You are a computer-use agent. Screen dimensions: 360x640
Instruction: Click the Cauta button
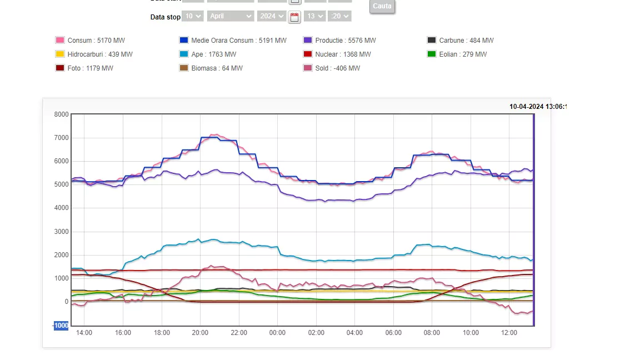382,6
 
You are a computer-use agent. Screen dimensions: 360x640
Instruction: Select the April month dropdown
230,16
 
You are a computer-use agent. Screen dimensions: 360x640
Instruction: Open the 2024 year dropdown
272,16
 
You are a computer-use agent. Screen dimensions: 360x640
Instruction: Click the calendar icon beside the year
294,17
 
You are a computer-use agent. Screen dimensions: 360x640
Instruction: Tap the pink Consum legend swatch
60,40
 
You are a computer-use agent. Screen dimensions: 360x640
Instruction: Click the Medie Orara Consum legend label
239,41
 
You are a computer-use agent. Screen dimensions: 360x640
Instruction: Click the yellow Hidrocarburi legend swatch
60,54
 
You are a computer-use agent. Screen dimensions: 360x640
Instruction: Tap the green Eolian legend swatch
432,54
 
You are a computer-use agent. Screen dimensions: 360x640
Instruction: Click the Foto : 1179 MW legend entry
90,68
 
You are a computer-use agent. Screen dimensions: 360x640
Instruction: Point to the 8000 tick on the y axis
61,114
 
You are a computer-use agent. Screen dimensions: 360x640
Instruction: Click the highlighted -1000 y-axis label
61,326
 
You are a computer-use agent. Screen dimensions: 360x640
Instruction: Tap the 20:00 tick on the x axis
200,333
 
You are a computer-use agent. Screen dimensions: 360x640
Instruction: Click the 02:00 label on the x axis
316,333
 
